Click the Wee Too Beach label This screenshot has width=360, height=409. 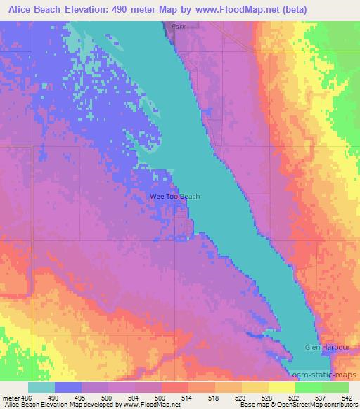point(175,197)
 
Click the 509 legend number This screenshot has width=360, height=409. point(162,397)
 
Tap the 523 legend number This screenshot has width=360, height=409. point(242,397)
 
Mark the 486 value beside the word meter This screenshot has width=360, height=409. point(27,397)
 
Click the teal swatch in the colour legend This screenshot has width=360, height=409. point(41,387)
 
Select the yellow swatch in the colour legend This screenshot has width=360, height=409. point(281,387)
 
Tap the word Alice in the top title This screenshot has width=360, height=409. point(22,8)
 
